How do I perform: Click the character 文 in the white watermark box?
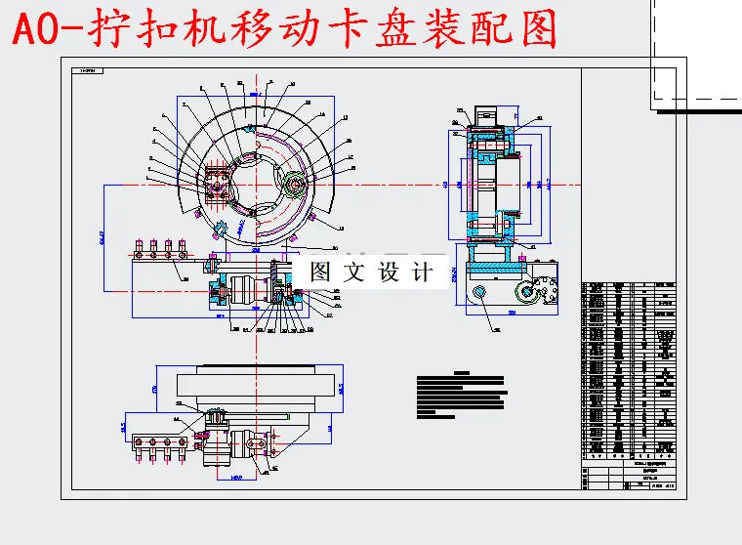click(x=354, y=272)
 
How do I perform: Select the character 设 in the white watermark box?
click(x=388, y=272)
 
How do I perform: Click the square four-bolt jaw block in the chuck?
click(x=216, y=183)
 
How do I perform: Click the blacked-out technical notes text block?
click(x=462, y=395)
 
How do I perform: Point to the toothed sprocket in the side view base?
click(x=525, y=291)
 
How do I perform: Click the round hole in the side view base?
click(x=479, y=294)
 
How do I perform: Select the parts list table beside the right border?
click(x=630, y=371)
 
